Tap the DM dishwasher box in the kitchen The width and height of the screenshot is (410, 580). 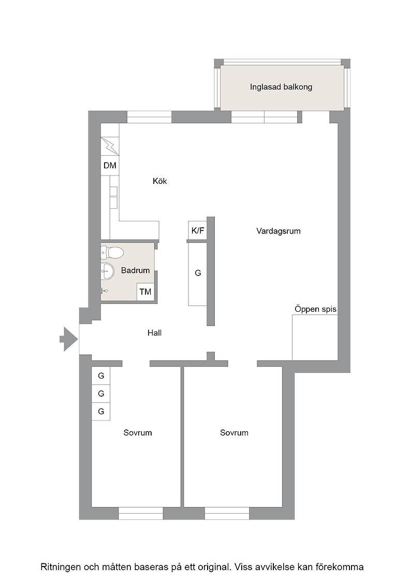[x=110, y=165]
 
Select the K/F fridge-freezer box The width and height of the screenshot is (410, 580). [x=198, y=230]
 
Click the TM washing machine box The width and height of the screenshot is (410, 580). [x=145, y=292]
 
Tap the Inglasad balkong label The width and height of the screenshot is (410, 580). [x=281, y=88]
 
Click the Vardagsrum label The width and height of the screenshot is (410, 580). [x=279, y=231]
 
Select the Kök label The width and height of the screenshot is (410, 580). [x=160, y=181]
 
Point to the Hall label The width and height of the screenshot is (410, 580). [x=155, y=333]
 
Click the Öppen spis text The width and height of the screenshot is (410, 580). [x=315, y=309]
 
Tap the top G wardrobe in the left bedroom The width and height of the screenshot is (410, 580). [x=101, y=376]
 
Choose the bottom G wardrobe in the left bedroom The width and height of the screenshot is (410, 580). [x=101, y=411]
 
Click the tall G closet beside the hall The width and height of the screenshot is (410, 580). [x=198, y=273]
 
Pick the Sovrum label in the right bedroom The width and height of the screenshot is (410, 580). [x=234, y=433]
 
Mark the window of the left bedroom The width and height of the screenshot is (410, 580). [x=141, y=513]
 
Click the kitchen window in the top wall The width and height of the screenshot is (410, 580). [x=150, y=117]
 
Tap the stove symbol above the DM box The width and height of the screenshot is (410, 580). [x=110, y=147]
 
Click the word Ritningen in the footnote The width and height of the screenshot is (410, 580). [x=60, y=567]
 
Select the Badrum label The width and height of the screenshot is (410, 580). [x=135, y=270]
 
